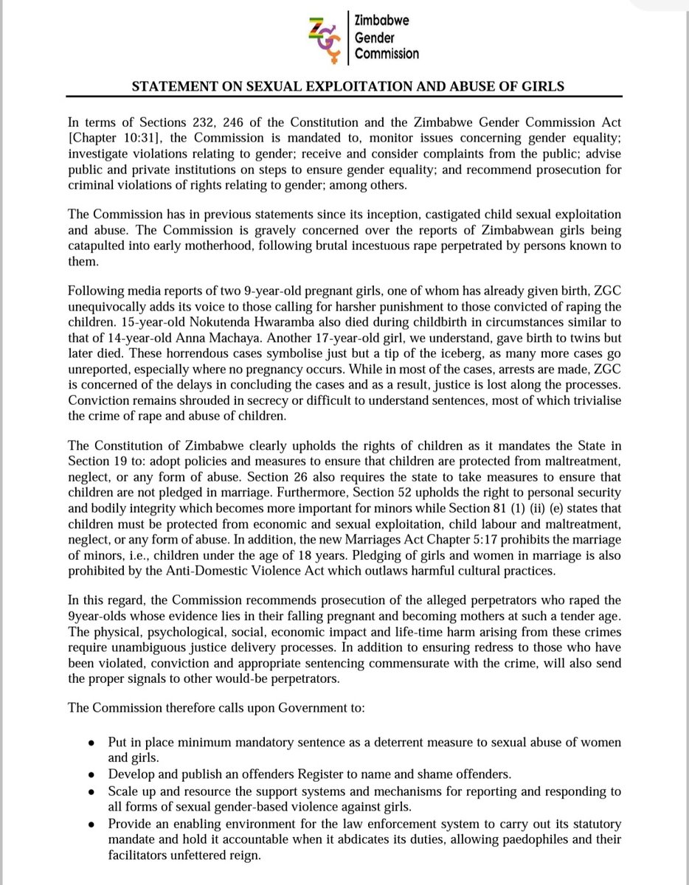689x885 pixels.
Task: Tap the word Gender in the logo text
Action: click(x=375, y=38)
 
